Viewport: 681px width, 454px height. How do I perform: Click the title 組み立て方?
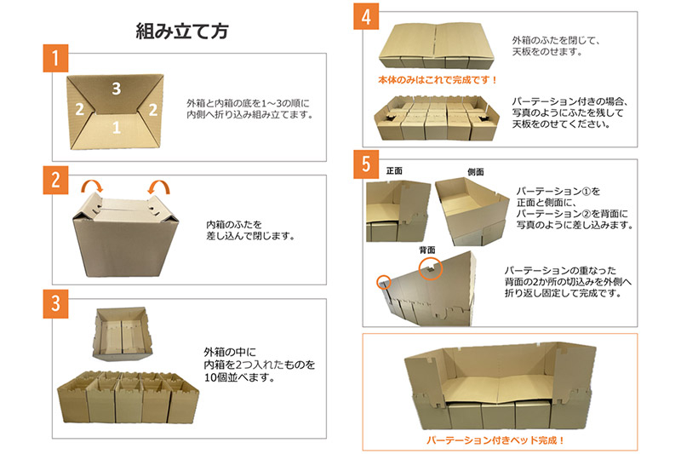coord(182,32)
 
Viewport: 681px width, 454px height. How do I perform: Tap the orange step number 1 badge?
coord(55,58)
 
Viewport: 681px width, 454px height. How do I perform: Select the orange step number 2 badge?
coord(55,180)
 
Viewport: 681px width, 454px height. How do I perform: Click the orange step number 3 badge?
coord(55,304)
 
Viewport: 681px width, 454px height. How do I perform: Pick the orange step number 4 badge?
coord(366,16)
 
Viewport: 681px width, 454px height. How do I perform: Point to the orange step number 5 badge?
coord(366,164)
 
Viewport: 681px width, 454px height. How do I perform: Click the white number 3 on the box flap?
coord(116,89)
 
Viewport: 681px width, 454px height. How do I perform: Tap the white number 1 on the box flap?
coord(116,127)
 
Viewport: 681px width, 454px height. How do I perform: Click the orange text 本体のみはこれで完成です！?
coord(438,80)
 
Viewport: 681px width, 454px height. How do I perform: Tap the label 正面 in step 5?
coord(394,170)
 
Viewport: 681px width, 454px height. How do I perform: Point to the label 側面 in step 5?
coord(476,172)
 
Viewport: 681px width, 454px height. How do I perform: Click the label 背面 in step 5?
coord(427,250)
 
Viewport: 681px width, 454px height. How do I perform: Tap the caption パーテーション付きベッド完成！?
coord(495,440)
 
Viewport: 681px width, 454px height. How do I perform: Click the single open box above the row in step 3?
coord(123,334)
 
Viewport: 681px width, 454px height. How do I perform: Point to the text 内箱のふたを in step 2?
coord(234,225)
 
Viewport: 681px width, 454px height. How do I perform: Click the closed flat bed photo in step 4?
coord(437,46)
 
